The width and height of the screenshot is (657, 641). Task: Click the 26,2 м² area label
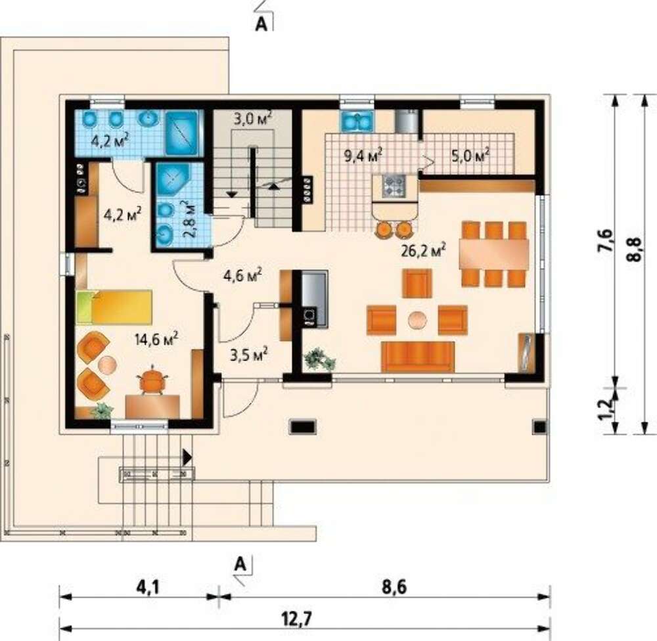pos(423,250)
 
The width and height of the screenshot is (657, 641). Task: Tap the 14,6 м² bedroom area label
pos(156,338)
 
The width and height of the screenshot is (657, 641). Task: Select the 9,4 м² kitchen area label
pos(363,156)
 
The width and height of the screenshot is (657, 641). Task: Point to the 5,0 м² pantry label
pos(470,156)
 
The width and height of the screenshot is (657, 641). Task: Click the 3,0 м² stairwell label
pos(253,119)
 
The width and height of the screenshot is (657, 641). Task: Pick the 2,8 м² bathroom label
pos(189,219)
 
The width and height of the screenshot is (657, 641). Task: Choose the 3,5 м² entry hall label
pos(249,355)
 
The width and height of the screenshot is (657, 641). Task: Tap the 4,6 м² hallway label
pos(243,275)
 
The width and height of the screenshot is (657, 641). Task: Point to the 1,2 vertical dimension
pos(605,409)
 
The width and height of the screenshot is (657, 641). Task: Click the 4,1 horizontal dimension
pos(147,587)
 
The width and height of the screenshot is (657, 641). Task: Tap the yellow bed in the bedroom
pos(114,307)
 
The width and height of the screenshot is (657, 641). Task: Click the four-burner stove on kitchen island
pos(394,186)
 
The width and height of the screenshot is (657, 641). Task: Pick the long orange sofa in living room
pos(418,357)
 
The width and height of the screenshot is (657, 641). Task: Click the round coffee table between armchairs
pos(418,320)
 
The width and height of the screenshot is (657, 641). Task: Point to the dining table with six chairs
pos(493,254)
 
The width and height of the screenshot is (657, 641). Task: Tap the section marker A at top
pos(261,24)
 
